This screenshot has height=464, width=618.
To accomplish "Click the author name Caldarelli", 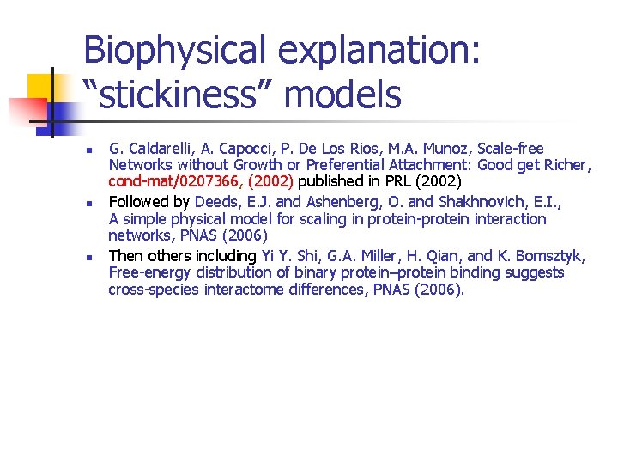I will point(163,149).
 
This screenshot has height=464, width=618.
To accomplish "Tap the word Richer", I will point(563,165).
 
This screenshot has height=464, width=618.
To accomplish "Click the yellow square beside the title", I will point(41,87).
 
